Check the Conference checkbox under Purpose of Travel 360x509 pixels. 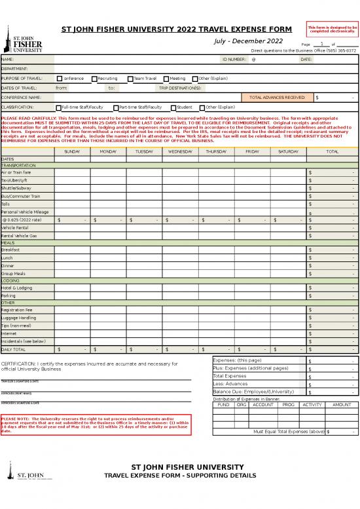59,78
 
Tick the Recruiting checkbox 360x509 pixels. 94,78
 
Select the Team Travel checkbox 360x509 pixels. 130,78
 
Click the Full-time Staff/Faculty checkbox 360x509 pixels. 59,107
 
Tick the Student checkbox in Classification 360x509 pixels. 173,107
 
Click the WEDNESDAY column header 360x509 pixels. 180,151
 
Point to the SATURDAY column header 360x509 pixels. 288,151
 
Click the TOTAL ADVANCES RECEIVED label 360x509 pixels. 277,97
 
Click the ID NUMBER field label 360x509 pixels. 234,59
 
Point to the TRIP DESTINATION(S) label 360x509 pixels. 180,87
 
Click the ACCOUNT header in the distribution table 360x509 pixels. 262,405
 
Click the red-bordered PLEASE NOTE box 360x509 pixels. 96,423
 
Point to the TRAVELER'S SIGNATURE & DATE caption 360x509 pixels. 20,381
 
